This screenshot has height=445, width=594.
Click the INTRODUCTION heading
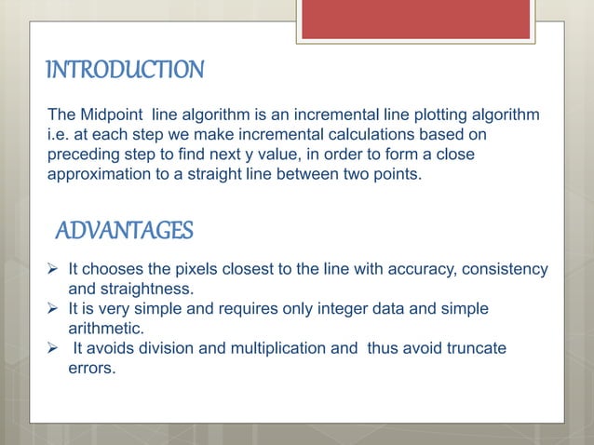coord(124,70)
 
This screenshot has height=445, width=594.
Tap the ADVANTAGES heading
coord(125,230)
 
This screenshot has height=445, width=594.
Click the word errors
coord(92,368)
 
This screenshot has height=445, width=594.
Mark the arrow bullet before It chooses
coord(55,270)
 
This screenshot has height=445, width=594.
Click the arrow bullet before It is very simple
coord(55,308)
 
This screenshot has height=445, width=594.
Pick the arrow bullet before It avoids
coord(55,348)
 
